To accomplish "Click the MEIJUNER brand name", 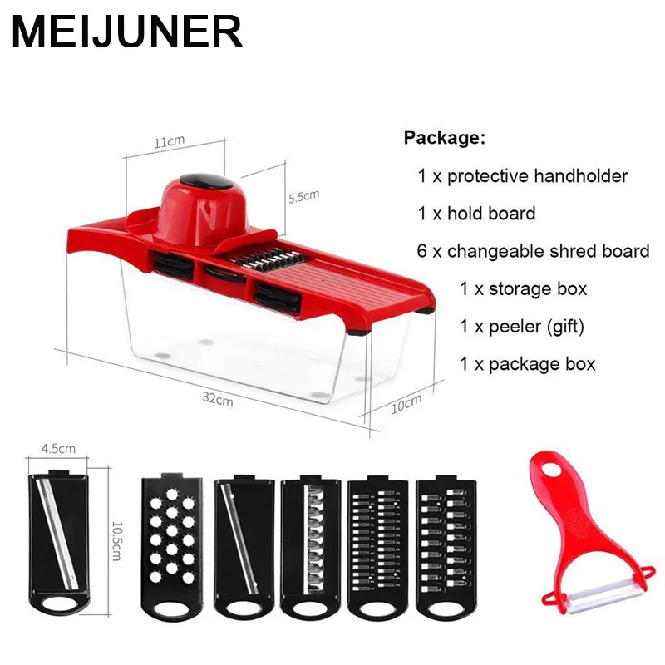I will click(x=126, y=33).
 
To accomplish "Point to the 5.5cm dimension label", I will click(x=303, y=197).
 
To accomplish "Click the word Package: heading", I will click(x=444, y=138).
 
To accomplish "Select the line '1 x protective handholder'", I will click(x=523, y=175).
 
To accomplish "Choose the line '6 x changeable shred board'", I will click(x=533, y=251).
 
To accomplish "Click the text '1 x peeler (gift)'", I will click(x=522, y=326).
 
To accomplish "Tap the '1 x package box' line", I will click(x=527, y=363).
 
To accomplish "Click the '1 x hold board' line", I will click(x=476, y=214).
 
